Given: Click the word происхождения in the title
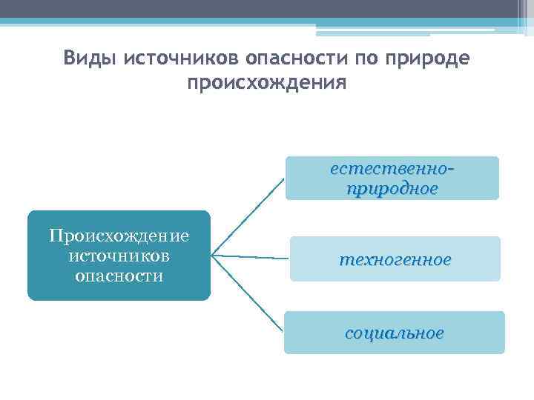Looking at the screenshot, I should tap(266, 81).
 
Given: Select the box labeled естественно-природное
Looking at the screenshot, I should tap(392, 179).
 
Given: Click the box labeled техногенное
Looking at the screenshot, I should tap(395, 259).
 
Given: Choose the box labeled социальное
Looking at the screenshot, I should tap(394, 333).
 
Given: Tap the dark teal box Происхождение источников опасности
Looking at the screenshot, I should tap(119, 256).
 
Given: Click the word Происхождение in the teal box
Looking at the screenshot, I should tap(119, 236).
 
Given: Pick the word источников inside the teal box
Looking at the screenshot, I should tap(119, 256).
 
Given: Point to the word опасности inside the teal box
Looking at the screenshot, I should tap(119, 276).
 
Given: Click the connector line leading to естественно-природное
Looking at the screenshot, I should tap(248, 218).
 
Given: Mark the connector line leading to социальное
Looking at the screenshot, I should tap(248, 292).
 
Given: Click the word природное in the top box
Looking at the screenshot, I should tap(392, 188).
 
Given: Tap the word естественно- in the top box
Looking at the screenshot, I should tap(392, 168).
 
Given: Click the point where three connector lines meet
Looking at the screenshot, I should tap(212, 256).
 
